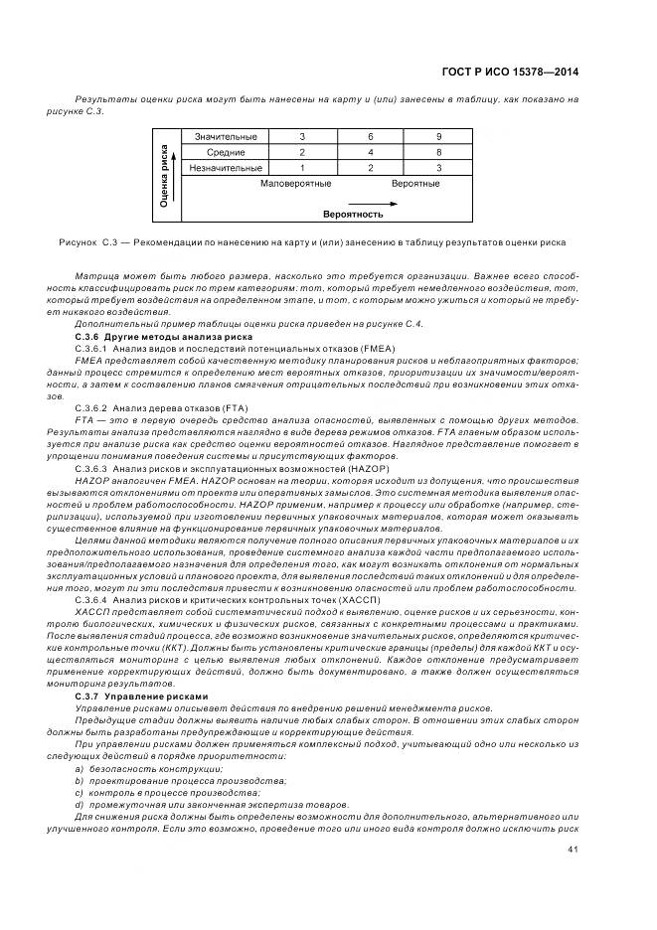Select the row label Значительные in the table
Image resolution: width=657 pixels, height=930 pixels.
point(226,136)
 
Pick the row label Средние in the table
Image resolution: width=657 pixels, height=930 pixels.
point(226,152)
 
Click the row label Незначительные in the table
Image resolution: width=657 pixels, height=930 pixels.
point(226,168)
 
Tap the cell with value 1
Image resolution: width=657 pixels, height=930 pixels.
point(274,168)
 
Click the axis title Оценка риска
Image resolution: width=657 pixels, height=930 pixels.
point(164,175)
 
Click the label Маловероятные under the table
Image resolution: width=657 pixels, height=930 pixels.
point(295,184)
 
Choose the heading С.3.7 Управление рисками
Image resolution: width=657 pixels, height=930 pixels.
point(129,696)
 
